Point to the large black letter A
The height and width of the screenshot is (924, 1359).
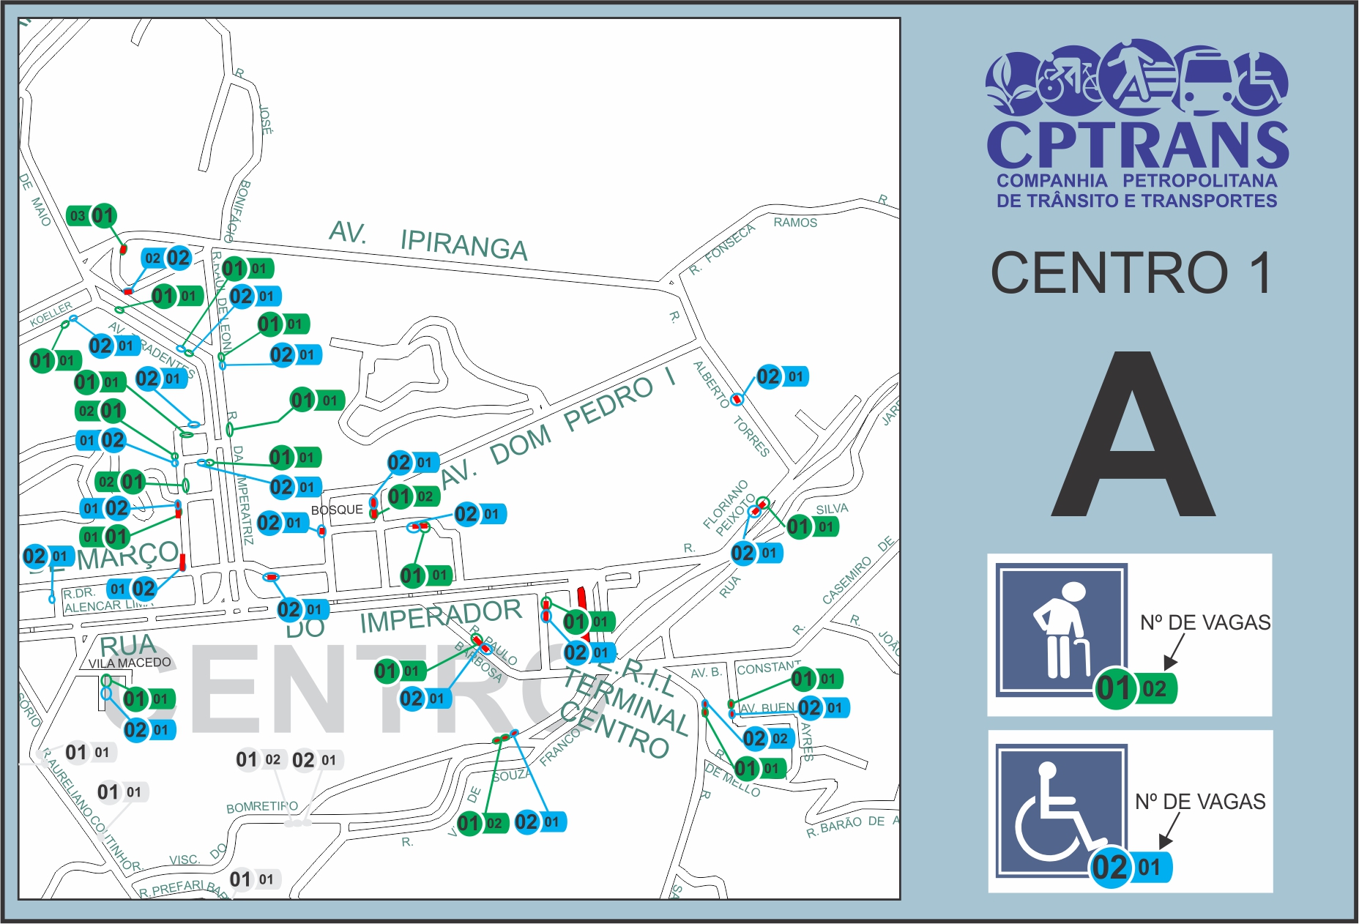pos(1133,436)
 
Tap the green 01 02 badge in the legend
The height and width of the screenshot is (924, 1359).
pos(1136,688)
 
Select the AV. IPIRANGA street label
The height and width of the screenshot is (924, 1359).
pos(428,239)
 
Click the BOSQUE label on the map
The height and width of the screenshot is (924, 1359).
pos(337,510)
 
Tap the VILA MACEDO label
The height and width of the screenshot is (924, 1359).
pos(130,663)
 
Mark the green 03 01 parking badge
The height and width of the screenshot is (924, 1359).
pos(92,216)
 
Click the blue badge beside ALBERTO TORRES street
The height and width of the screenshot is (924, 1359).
pos(781,377)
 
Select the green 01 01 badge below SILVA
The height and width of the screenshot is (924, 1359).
pos(812,526)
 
